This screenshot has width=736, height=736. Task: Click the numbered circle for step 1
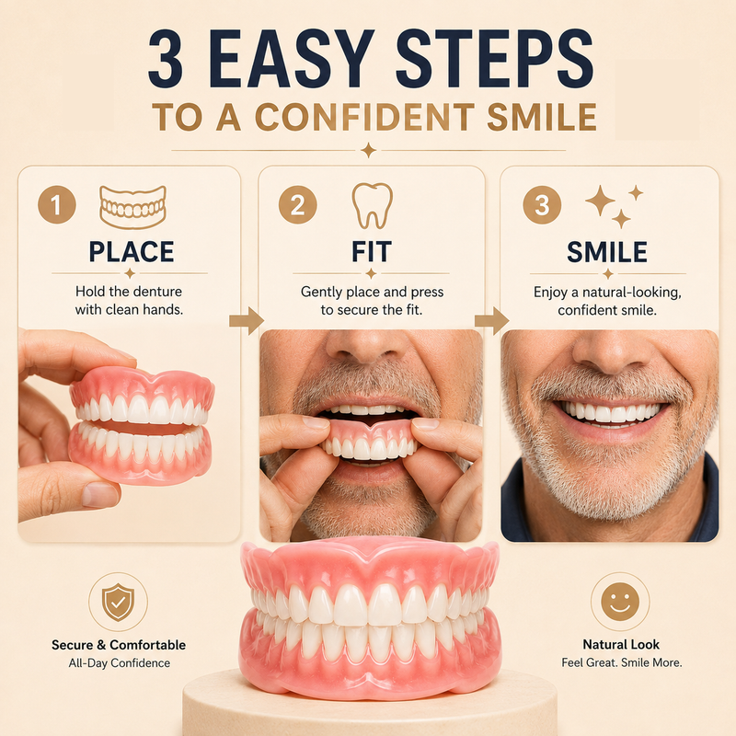point(57,204)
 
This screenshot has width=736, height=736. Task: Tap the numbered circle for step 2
point(297,204)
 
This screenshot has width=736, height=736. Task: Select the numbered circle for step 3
point(542,204)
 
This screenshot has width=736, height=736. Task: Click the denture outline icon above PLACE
point(132,207)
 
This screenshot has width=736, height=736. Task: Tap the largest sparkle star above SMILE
point(600,201)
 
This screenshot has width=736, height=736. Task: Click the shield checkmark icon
point(119,603)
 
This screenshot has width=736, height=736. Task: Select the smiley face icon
point(620,602)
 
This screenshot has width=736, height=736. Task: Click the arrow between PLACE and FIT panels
point(247,321)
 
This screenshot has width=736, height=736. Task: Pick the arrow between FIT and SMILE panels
point(492,321)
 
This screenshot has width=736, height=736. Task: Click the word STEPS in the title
point(495,59)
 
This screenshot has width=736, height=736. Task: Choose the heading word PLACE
point(132,251)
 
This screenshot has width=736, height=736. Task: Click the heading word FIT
point(372,251)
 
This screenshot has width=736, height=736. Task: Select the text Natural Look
point(621,645)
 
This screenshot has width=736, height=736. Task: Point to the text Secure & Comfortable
point(119,645)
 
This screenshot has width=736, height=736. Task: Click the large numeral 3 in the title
point(166,59)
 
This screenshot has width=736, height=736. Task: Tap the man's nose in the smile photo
point(610,350)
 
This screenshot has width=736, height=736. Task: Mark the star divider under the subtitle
point(369,150)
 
